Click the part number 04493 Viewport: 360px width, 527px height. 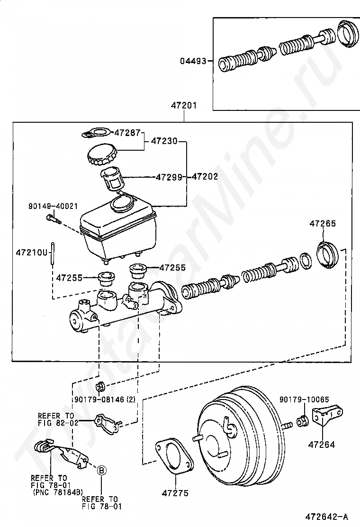pos(193,61)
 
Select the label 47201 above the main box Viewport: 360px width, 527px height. pos(184,106)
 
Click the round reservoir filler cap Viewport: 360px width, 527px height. pos(103,155)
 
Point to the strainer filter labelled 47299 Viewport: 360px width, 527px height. pos(112,179)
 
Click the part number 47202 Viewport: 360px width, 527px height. pos(205,176)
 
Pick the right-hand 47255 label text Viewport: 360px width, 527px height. pos(172,268)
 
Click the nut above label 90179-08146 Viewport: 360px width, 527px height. pos(100,387)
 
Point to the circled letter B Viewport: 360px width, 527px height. pos(102,471)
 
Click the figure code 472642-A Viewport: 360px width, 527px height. pos(326,516)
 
